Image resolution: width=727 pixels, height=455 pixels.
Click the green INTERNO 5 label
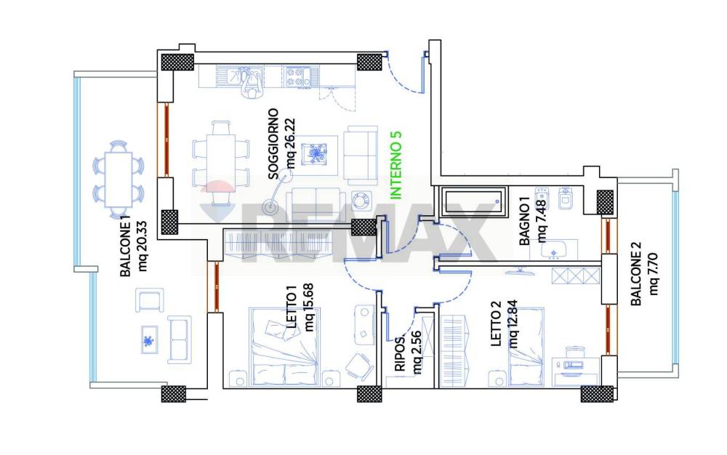396,166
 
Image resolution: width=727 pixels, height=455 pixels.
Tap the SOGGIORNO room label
273,144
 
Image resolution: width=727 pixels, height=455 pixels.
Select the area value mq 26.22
291,143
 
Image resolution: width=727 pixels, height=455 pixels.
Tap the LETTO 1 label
292,307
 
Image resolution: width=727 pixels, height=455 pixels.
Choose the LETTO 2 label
496,323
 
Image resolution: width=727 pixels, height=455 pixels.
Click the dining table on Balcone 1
119,180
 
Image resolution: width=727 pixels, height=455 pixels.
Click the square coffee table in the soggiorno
315,154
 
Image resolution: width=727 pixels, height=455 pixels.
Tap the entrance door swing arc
404,73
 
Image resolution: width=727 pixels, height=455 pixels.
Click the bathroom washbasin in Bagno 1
554,249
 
